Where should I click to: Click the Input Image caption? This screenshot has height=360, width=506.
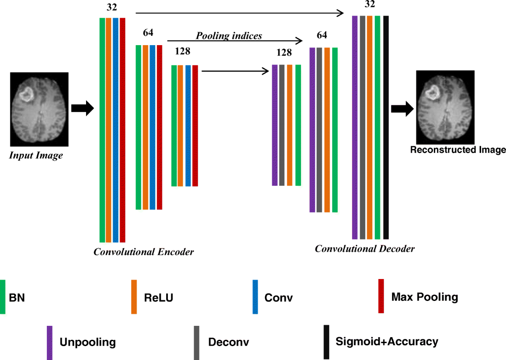click(36, 156)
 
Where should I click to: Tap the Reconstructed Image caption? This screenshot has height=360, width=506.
click(458, 150)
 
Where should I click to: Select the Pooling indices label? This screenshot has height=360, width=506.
click(229, 36)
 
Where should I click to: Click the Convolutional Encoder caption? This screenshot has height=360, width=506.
click(144, 253)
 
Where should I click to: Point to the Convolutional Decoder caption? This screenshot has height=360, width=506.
click(365, 249)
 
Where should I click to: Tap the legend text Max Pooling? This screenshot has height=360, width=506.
click(425, 297)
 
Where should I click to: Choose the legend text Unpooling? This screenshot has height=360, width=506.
click(88, 342)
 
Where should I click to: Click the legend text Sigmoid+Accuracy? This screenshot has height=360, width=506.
click(387, 341)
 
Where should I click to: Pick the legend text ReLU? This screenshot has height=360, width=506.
click(159, 298)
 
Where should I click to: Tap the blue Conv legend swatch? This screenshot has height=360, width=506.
click(255, 297)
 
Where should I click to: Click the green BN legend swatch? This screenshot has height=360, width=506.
click(3, 297)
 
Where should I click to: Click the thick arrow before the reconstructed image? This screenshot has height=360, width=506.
click(402, 109)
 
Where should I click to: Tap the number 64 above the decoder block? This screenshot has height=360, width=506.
click(322, 35)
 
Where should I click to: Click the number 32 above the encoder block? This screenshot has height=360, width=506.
click(112, 7)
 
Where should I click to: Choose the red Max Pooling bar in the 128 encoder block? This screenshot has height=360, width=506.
click(195, 126)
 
